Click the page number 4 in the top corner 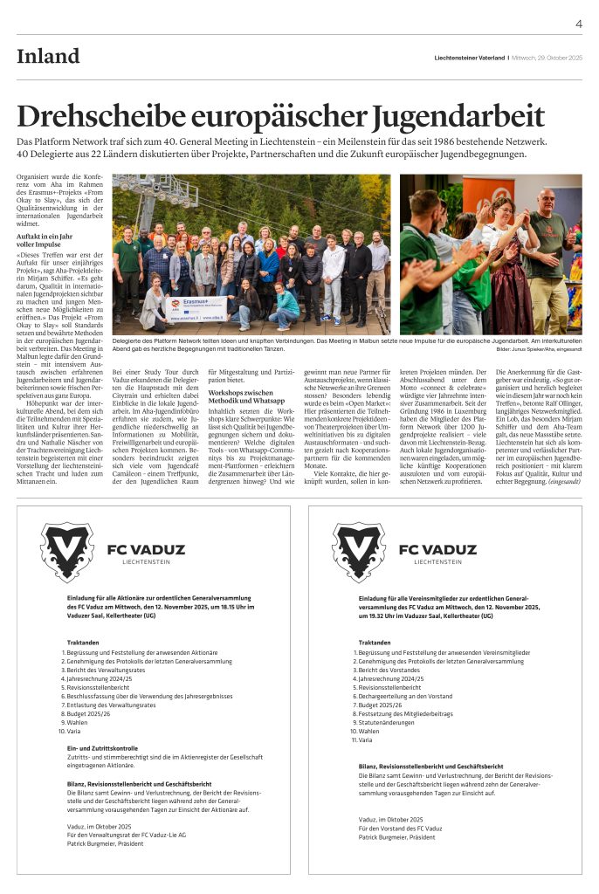pos(578,24)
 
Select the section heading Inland pos(48,57)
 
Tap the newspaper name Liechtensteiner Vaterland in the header pos(471,58)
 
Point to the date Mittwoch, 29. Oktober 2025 pos(547,58)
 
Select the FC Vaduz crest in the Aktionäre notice pos(67,552)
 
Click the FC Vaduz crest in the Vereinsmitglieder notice pos(359,552)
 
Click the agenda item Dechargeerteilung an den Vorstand pos(405,696)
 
